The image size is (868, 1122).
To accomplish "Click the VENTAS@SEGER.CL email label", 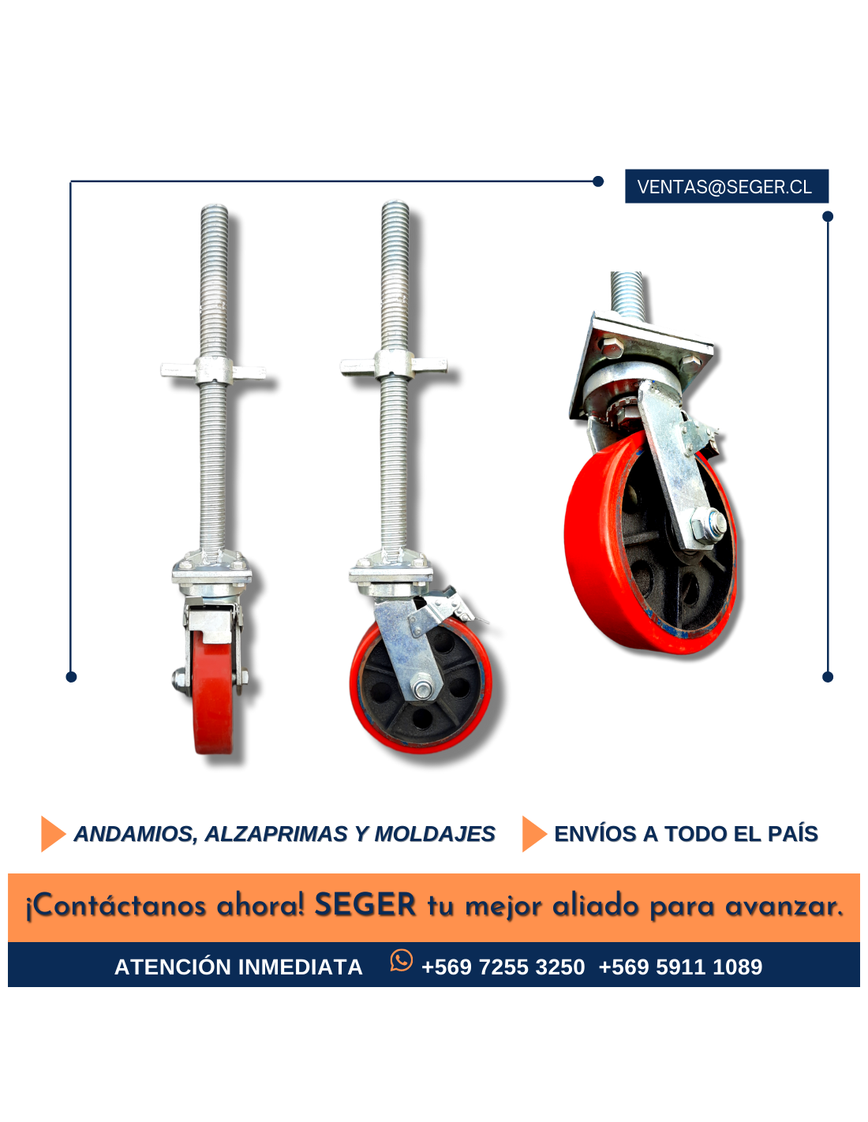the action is point(724,186).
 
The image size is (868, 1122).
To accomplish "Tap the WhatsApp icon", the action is point(401,960).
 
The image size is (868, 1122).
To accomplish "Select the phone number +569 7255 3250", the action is point(503,967).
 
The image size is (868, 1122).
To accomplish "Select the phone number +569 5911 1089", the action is point(680,967).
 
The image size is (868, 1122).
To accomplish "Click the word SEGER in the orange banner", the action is point(365,904).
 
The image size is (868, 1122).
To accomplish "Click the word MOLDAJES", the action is point(434,834).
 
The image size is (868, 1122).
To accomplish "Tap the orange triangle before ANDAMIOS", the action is point(52,834).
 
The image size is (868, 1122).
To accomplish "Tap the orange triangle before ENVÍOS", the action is point(534,834).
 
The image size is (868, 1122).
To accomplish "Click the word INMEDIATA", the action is point(300,967).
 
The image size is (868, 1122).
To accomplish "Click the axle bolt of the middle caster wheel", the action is point(422,687).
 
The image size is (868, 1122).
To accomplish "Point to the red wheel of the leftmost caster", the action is point(213,694).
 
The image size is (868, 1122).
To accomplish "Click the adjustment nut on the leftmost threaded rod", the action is point(213,370).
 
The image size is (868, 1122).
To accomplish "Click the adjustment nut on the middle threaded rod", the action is point(394,365).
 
